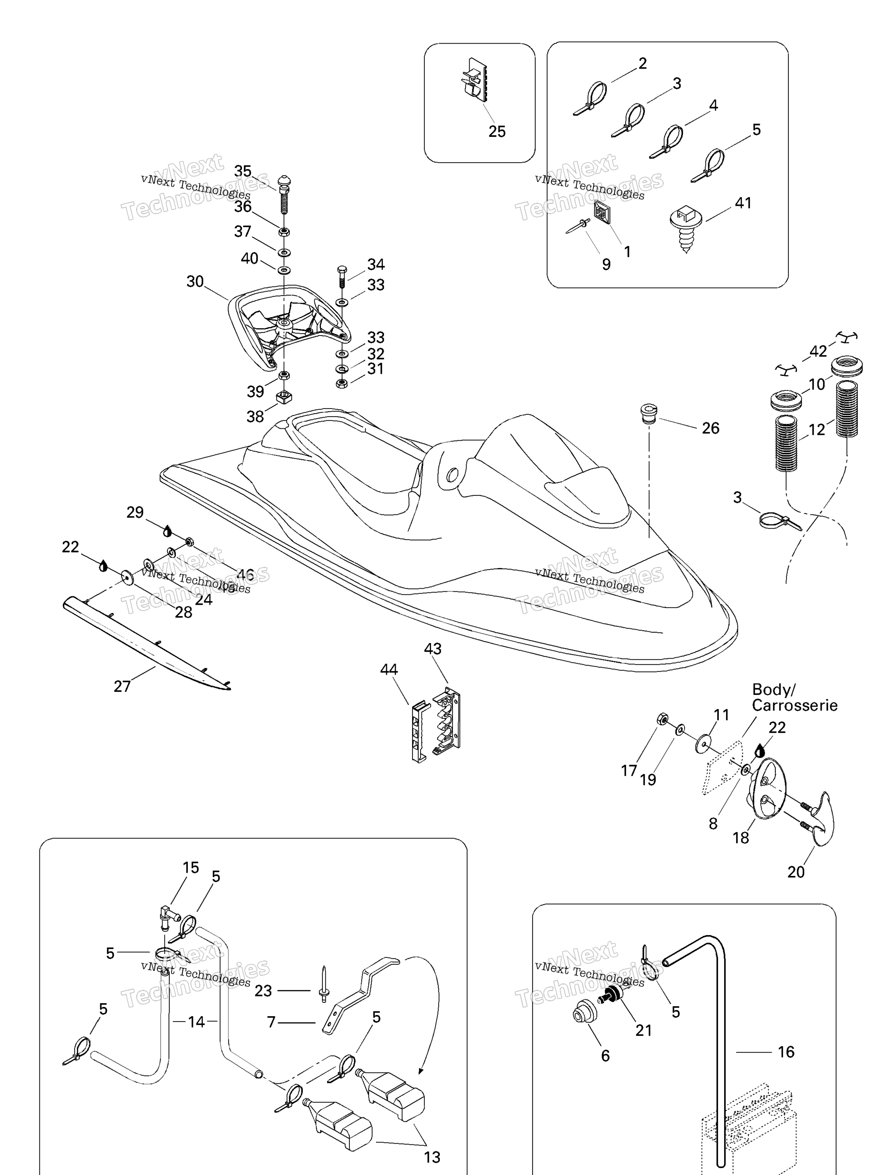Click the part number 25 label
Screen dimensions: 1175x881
497,131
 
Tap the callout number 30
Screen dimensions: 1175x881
195,282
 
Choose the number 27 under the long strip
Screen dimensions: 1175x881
122,686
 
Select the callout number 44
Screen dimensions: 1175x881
389,669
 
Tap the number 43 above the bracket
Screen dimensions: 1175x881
432,649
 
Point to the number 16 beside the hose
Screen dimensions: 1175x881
786,1052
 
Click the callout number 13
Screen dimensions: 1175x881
432,1157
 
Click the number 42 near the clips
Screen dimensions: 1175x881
818,351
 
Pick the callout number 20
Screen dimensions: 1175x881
795,872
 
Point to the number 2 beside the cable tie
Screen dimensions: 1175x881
642,64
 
